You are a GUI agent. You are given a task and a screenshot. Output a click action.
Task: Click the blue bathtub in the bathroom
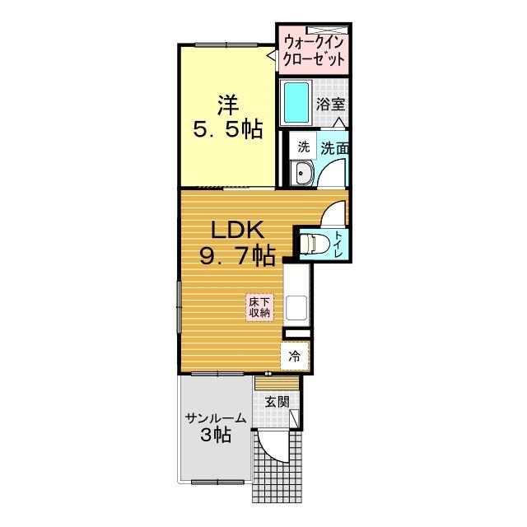[x=296, y=102]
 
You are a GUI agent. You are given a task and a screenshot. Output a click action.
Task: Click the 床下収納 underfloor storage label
[x=259, y=308]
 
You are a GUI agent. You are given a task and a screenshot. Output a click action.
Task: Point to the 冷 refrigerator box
[x=295, y=357]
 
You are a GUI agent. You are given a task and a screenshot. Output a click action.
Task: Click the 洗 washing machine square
[x=303, y=147]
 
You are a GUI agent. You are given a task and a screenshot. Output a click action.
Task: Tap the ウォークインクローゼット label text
[x=314, y=51]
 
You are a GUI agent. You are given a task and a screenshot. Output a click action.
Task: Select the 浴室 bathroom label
[x=330, y=105]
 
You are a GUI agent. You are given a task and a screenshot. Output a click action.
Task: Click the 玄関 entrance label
[x=277, y=402]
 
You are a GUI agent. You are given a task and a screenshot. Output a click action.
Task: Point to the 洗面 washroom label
[x=334, y=148]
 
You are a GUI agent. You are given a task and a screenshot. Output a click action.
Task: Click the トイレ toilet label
[x=338, y=245]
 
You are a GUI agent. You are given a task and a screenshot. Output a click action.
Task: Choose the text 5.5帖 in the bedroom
[x=228, y=129]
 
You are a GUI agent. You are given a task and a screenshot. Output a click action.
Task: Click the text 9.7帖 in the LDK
[x=238, y=256]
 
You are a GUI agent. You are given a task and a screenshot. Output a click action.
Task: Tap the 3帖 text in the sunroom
[x=216, y=436]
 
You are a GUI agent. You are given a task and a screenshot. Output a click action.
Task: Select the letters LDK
[x=236, y=230]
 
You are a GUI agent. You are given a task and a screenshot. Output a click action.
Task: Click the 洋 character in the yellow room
[x=228, y=105]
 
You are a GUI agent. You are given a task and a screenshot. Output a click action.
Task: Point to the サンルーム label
[x=216, y=419]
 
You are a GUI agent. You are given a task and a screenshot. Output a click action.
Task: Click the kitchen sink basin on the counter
[x=296, y=307]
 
